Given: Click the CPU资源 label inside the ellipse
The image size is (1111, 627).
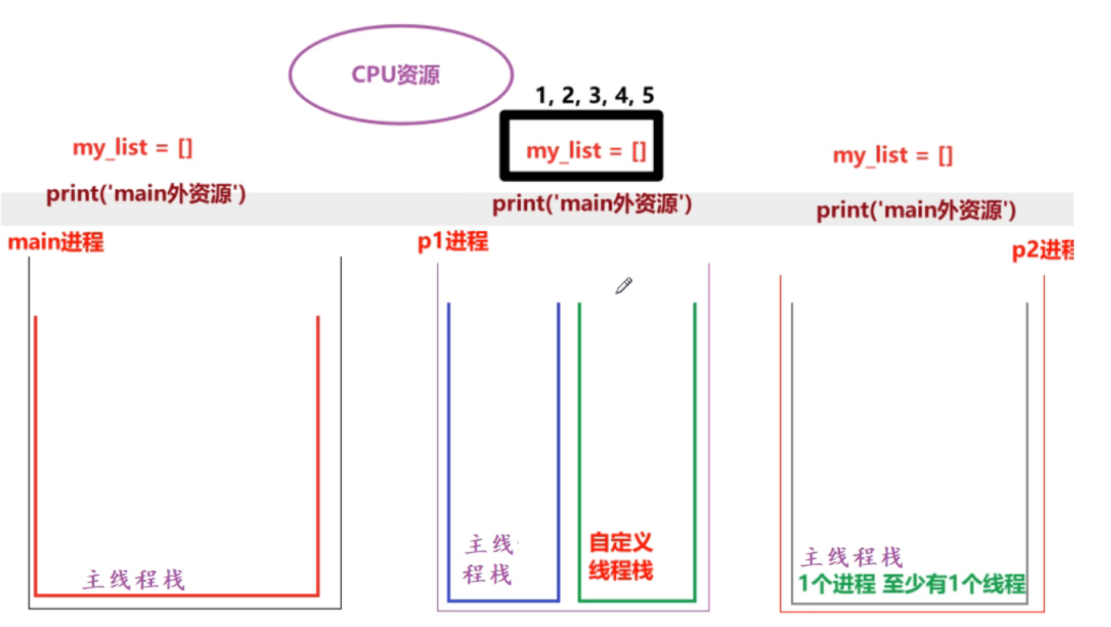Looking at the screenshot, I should (396, 76).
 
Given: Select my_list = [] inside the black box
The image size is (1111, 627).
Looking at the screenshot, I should (586, 151).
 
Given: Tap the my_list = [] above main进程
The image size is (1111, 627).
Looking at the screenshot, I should (133, 147).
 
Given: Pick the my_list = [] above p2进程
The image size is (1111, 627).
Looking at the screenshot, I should (892, 155).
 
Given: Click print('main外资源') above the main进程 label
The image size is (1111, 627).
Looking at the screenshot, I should (146, 195).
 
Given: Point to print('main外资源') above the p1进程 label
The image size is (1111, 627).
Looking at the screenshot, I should (592, 204).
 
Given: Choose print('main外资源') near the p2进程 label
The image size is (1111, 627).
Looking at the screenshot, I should (916, 211).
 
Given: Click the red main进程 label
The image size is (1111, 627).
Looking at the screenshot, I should (56, 242).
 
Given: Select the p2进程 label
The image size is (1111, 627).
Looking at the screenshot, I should (1043, 251).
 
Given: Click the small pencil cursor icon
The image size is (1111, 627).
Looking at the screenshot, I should (623, 286).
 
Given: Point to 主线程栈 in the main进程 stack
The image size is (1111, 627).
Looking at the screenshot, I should (134, 580).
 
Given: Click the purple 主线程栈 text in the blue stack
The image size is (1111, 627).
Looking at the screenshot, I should (489, 560).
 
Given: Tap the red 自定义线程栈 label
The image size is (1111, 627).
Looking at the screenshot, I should (620, 556).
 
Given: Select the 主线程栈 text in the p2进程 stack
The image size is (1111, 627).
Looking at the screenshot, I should (851, 557).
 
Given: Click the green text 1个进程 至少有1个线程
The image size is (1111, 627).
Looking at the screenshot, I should (912, 584).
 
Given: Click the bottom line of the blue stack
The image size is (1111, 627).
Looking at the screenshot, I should (503, 600).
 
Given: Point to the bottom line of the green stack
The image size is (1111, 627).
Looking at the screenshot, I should (636, 600).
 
